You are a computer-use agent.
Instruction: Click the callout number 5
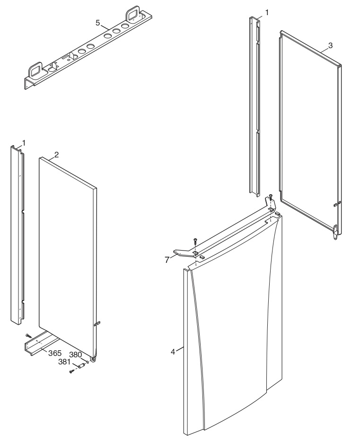(x=97, y=23)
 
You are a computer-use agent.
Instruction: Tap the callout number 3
(x=330, y=45)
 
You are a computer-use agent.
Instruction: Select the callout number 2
(x=56, y=155)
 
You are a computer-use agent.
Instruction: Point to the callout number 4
(x=173, y=352)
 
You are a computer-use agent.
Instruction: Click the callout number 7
(x=167, y=260)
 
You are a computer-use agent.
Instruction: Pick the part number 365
(x=55, y=353)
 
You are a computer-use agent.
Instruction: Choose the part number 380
(x=76, y=355)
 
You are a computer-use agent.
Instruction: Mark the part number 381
(x=64, y=362)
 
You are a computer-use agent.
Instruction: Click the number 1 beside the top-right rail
(x=267, y=12)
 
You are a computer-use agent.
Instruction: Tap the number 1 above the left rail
(x=24, y=143)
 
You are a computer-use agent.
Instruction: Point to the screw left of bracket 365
(x=28, y=336)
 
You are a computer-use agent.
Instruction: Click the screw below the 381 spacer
(x=71, y=372)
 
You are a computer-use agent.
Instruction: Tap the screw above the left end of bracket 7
(x=195, y=241)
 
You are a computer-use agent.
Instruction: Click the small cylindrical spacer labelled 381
(x=81, y=365)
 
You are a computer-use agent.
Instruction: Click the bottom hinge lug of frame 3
(x=335, y=232)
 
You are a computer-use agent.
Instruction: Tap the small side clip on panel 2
(x=97, y=324)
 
